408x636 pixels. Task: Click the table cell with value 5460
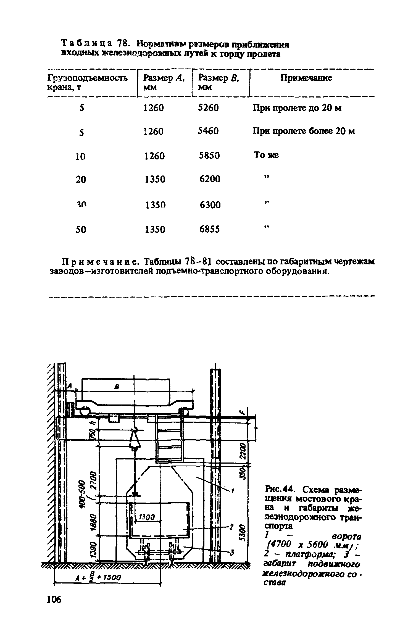tap(208, 131)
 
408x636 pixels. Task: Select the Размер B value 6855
tap(210, 229)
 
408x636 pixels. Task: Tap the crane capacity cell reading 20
tap(81, 180)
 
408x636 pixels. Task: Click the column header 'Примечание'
tap(306, 78)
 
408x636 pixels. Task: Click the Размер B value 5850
tap(209, 156)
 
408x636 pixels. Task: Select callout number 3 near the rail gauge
tap(232, 553)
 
